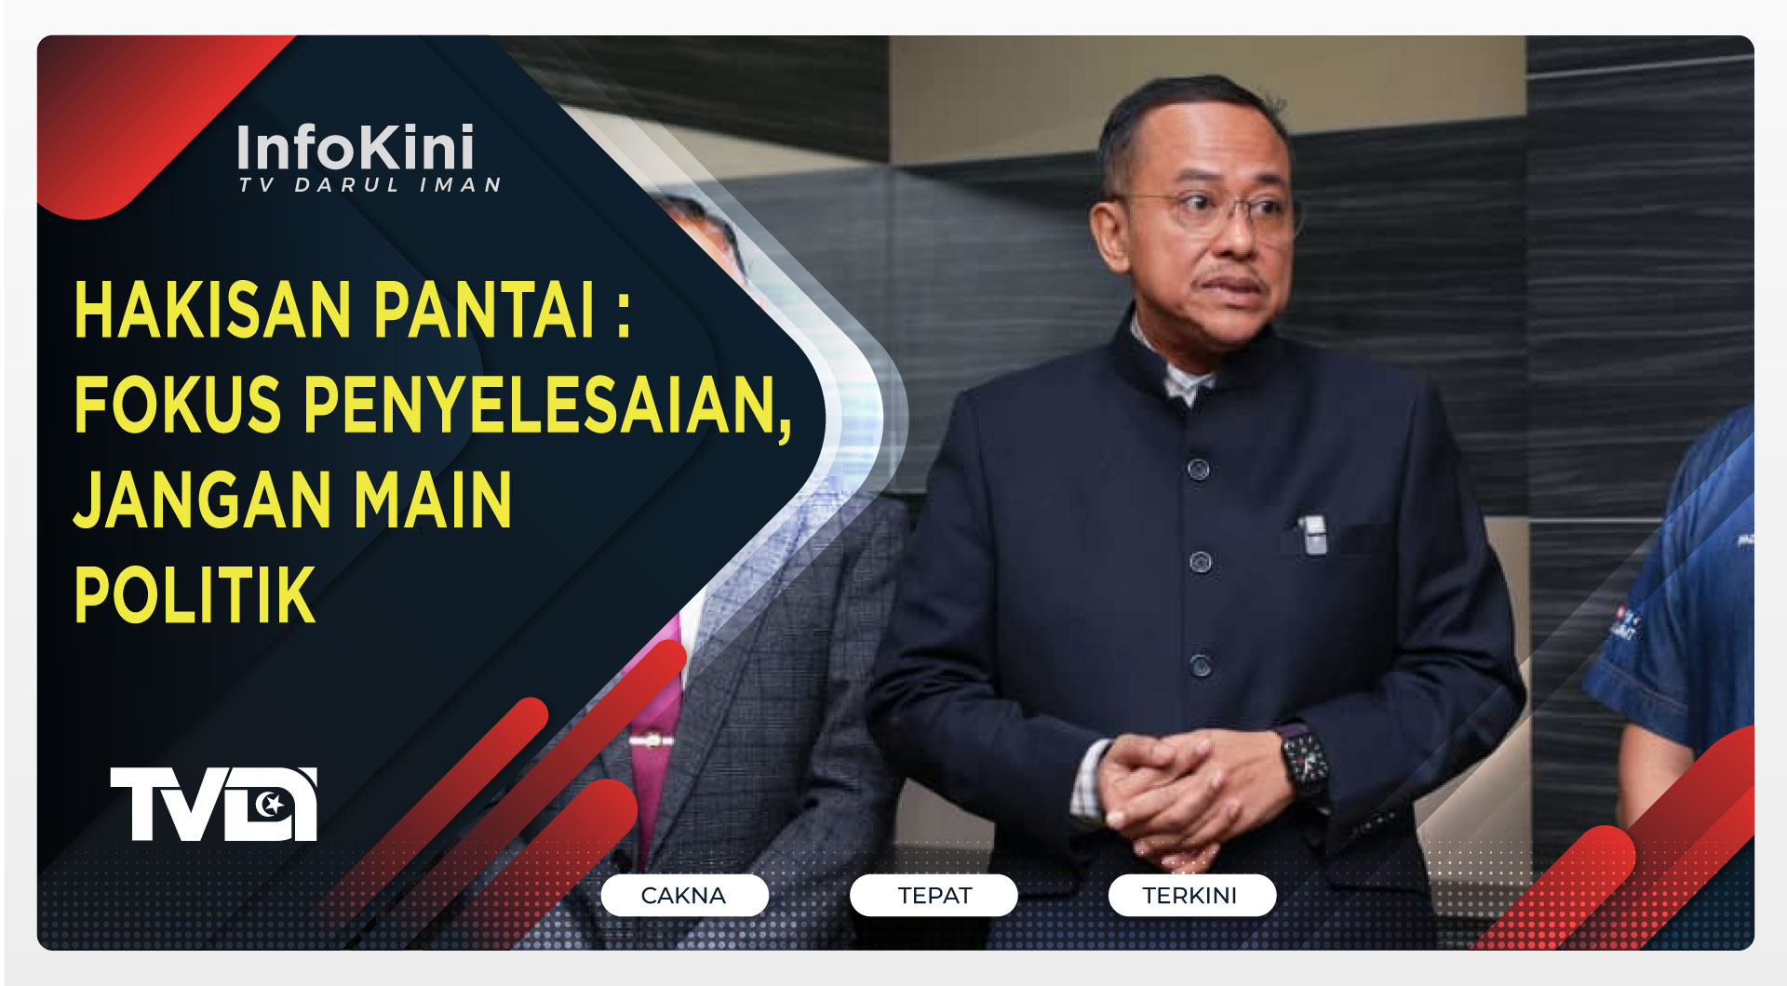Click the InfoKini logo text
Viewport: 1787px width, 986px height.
[x=355, y=148]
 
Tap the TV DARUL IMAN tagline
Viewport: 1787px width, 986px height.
[x=370, y=185]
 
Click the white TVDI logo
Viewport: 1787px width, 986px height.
[x=214, y=804]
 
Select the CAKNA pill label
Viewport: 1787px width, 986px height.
[x=684, y=895]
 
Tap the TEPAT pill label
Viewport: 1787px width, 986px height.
[x=934, y=895]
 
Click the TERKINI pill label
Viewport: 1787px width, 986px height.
[x=1191, y=895]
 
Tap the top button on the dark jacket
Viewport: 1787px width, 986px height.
[x=1199, y=468]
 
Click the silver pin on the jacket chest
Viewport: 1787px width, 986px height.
[x=1312, y=535]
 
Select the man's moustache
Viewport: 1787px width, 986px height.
[x=1230, y=275]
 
